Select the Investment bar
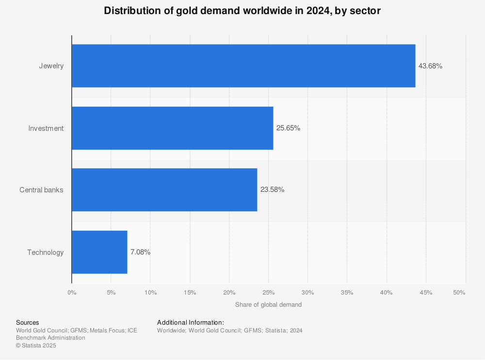point(172,128)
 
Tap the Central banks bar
point(164,189)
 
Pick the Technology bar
point(99,252)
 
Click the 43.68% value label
point(430,66)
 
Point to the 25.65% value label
point(288,128)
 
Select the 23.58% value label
point(272,190)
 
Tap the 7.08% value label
point(140,252)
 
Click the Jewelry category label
point(51,66)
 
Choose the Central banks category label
point(41,190)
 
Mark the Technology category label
point(45,252)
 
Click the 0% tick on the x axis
point(72,293)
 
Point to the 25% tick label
point(269,293)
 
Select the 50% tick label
point(459,293)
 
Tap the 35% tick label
point(347,293)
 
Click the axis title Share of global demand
point(268,305)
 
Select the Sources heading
point(27,323)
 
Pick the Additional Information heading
point(190,323)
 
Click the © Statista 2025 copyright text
point(36,345)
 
